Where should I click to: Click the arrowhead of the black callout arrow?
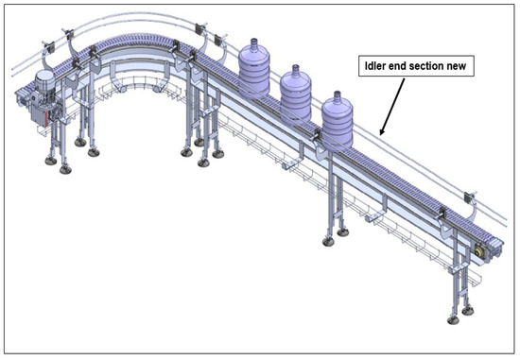(381, 133)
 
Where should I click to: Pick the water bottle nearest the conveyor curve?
(255, 69)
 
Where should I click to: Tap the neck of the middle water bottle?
(297, 72)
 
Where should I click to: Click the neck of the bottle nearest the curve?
(255, 43)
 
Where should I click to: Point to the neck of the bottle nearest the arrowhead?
(337, 95)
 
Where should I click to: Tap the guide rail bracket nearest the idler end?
(469, 197)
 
